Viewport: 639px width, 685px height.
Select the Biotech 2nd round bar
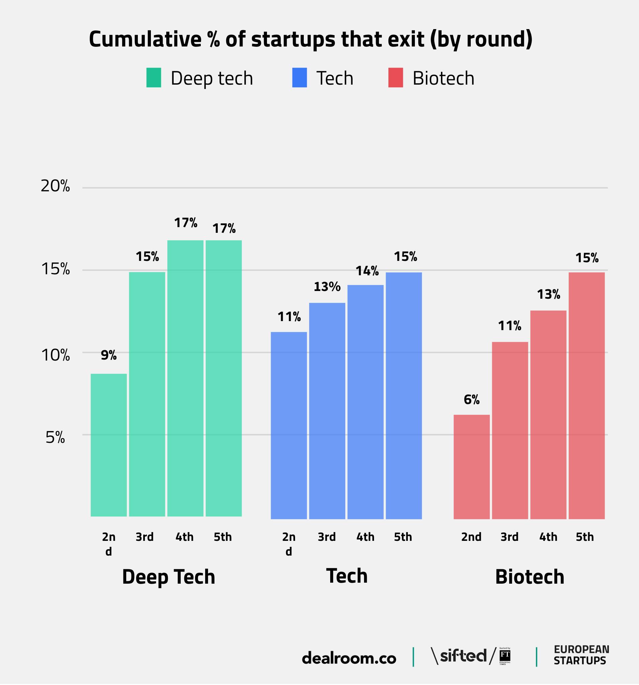coord(471,467)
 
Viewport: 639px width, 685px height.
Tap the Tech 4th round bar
coord(365,401)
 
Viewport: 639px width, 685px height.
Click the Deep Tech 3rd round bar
coord(147,394)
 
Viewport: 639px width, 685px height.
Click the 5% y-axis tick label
coord(55,437)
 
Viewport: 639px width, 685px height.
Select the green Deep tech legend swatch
coord(154,78)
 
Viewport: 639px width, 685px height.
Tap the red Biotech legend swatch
coord(396,78)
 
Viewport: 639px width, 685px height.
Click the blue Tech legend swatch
coord(299,78)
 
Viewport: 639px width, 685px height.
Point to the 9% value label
coord(109,355)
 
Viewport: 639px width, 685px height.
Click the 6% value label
coord(471,399)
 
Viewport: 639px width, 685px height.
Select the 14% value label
coord(367,271)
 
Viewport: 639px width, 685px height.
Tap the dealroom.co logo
coord(349,658)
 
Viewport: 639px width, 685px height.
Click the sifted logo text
coord(464,655)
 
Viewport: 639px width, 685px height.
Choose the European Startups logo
coord(581,655)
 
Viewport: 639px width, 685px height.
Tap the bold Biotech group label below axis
coord(529,577)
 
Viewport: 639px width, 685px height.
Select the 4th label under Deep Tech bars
coord(184,537)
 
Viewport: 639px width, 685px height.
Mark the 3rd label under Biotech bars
coord(510,537)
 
